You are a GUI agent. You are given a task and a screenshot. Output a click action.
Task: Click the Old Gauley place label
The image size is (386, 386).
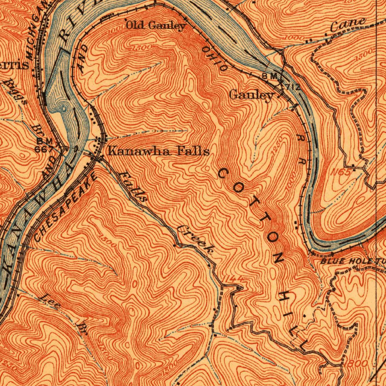coord(156,26)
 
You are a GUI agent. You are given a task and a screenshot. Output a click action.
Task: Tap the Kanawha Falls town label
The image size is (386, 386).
coord(158,152)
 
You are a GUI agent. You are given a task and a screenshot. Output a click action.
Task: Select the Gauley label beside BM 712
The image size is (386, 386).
coord(251,95)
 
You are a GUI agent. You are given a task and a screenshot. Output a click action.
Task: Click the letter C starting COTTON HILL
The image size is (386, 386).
coord(222,174)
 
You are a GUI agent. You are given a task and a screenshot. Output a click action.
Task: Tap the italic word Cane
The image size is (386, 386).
coord(348,25)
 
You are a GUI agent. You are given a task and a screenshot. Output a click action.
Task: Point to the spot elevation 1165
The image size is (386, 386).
coord(342,171)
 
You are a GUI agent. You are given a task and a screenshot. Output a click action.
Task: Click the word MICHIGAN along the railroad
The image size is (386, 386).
coord(37,28)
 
